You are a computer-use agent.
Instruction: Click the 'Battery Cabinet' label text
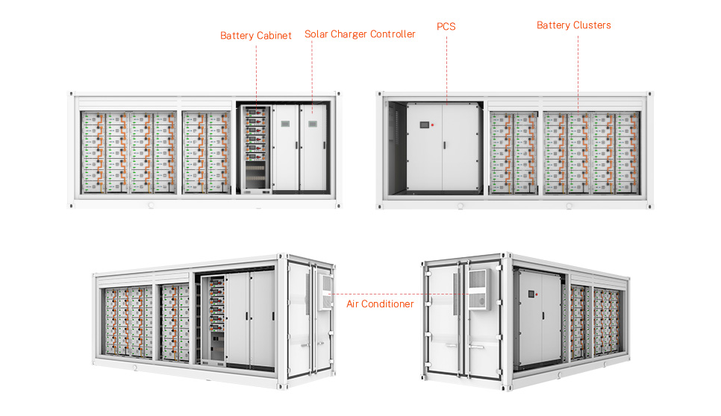coord(255,36)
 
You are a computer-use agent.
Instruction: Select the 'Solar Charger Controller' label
coord(360,34)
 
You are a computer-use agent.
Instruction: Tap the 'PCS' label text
coord(446,27)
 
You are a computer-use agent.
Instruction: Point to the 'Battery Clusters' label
coord(573,25)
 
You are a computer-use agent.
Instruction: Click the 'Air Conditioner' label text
coord(380,304)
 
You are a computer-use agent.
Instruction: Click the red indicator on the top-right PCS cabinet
coord(433,125)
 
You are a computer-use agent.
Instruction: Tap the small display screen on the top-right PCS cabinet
coord(425,125)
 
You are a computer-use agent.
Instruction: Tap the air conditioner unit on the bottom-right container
coord(475,287)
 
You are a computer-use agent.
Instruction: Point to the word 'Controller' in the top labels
coord(389,34)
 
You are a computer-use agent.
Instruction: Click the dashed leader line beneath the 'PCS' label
coord(446,67)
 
